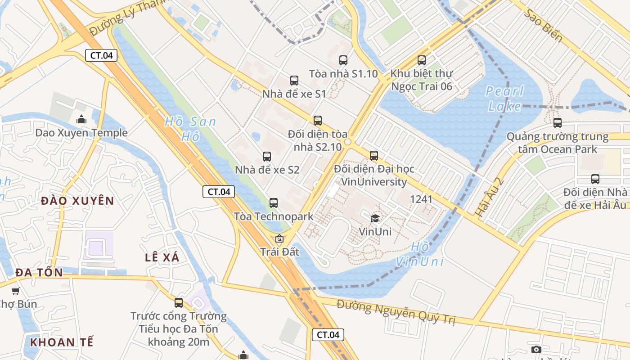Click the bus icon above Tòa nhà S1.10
pos(343,60)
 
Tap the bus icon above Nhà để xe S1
pos(294,81)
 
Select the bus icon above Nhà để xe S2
pos(267,157)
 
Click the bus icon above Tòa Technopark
pos(274,203)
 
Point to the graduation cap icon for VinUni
pos(375,219)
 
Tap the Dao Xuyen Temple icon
pos(81,119)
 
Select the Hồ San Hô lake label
pos(190,129)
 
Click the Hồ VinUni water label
pos(420,254)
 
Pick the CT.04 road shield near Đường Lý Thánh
pos(101,55)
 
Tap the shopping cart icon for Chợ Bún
pos(16,291)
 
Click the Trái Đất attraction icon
pos(279,238)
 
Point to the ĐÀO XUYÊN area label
pos(77,201)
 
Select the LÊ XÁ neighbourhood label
pos(162,257)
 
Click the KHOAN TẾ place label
pos(62,342)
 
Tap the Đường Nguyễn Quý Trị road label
pos(396,312)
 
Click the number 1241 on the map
pos(421,199)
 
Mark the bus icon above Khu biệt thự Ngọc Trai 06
pos(422,60)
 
